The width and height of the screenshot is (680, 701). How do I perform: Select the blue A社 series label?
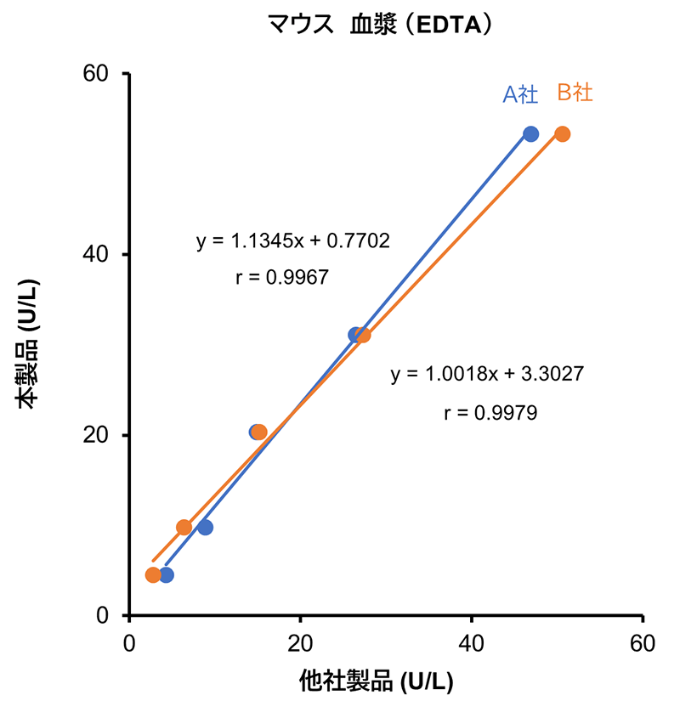click(520, 94)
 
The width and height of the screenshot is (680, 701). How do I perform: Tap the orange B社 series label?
click(575, 93)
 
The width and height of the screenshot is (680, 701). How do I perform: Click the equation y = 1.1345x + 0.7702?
click(293, 241)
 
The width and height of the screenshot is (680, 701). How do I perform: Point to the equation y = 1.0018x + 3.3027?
click(487, 374)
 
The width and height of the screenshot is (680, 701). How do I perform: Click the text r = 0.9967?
click(281, 277)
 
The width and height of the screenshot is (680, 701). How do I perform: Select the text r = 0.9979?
click(490, 413)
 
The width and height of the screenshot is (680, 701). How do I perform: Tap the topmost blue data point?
click(531, 134)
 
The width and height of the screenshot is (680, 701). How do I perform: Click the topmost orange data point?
click(563, 134)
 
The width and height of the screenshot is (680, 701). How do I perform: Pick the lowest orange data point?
click(153, 575)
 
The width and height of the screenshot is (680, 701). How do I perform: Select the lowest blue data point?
click(167, 575)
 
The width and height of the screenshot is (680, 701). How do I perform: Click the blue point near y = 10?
click(205, 528)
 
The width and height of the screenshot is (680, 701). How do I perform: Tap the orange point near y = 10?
click(184, 528)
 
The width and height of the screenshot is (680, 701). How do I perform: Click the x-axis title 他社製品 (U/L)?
click(376, 681)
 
